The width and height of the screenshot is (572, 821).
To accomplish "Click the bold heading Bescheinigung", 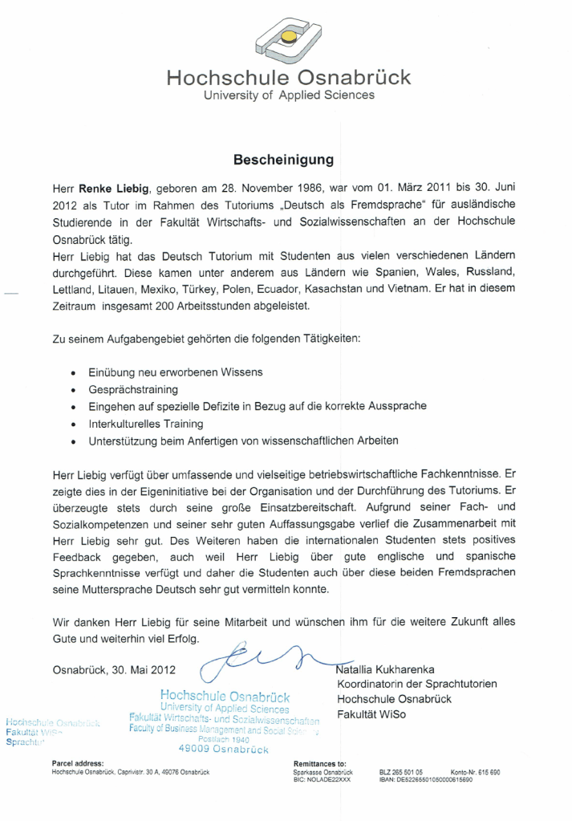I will [x=283, y=160].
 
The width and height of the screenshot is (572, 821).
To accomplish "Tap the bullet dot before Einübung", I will [x=73, y=373].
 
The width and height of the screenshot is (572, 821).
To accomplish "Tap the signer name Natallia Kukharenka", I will [x=397, y=669].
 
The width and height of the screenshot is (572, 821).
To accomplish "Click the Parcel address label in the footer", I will [x=77, y=763].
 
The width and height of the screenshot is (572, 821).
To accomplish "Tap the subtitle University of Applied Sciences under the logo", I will [x=288, y=96].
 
